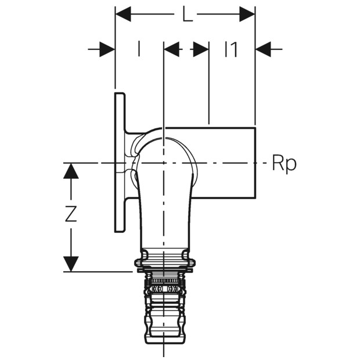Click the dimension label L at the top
[x=188, y=15]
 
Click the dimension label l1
[x=231, y=49]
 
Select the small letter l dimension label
[x=138, y=49]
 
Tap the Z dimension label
[x=71, y=214]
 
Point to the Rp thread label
[x=285, y=164]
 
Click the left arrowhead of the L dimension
[x=123, y=15]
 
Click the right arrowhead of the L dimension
[x=247, y=15]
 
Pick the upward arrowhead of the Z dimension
[x=71, y=171]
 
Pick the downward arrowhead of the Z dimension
[x=71, y=264]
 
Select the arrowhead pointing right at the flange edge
[x=107, y=49]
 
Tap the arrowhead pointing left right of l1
[x=264, y=49]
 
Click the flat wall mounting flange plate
[x=120, y=163]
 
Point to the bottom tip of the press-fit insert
[x=163, y=344]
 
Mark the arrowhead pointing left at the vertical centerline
[x=172, y=49]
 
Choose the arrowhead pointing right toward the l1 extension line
[x=201, y=49]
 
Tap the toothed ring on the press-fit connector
[x=164, y=280]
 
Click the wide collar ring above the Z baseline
[x=164, y=263]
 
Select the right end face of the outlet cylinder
[x=255, y=163]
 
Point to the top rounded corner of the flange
[x=124, y=94]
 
